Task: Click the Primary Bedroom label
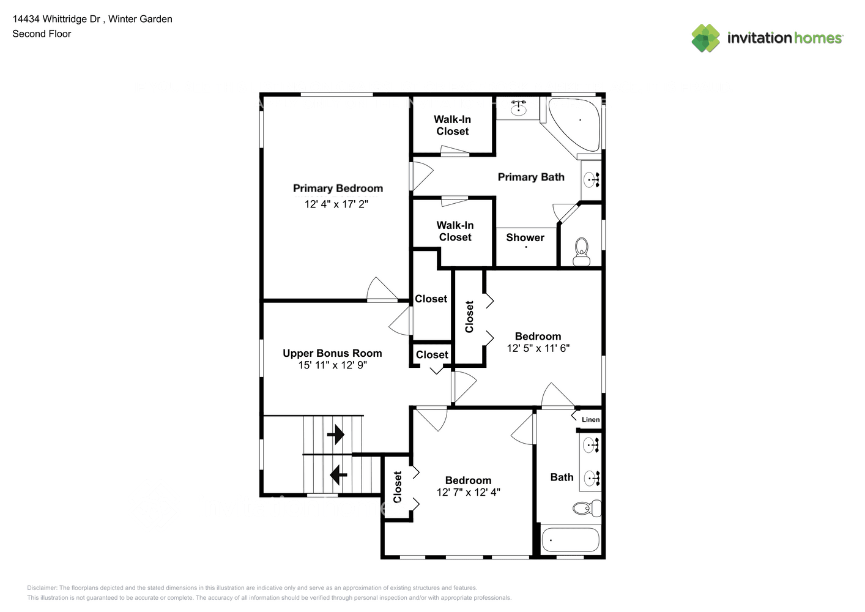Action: pos(338,188)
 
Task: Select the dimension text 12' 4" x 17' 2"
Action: pos(336,204)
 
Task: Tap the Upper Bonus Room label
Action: pos(332,353)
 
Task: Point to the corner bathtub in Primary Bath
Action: pos(576,123)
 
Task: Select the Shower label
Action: pos(525,237)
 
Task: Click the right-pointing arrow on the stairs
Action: pos(336,435)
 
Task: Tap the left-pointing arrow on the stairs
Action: pos(338,474)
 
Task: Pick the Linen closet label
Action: pos(590,419)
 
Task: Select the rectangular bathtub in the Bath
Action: pos(571,540)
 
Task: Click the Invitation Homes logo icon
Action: pos(705,38)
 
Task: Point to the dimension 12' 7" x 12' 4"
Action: pos(468,492)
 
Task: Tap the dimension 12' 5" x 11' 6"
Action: pos(538,348)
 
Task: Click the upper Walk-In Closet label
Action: pos(452,125)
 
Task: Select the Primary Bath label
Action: pos(531,177)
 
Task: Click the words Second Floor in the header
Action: pos(42,34)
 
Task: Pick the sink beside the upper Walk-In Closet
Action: pos(519,108)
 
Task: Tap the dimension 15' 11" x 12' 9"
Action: pos(332,365)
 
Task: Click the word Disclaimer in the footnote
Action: pos(42,588)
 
